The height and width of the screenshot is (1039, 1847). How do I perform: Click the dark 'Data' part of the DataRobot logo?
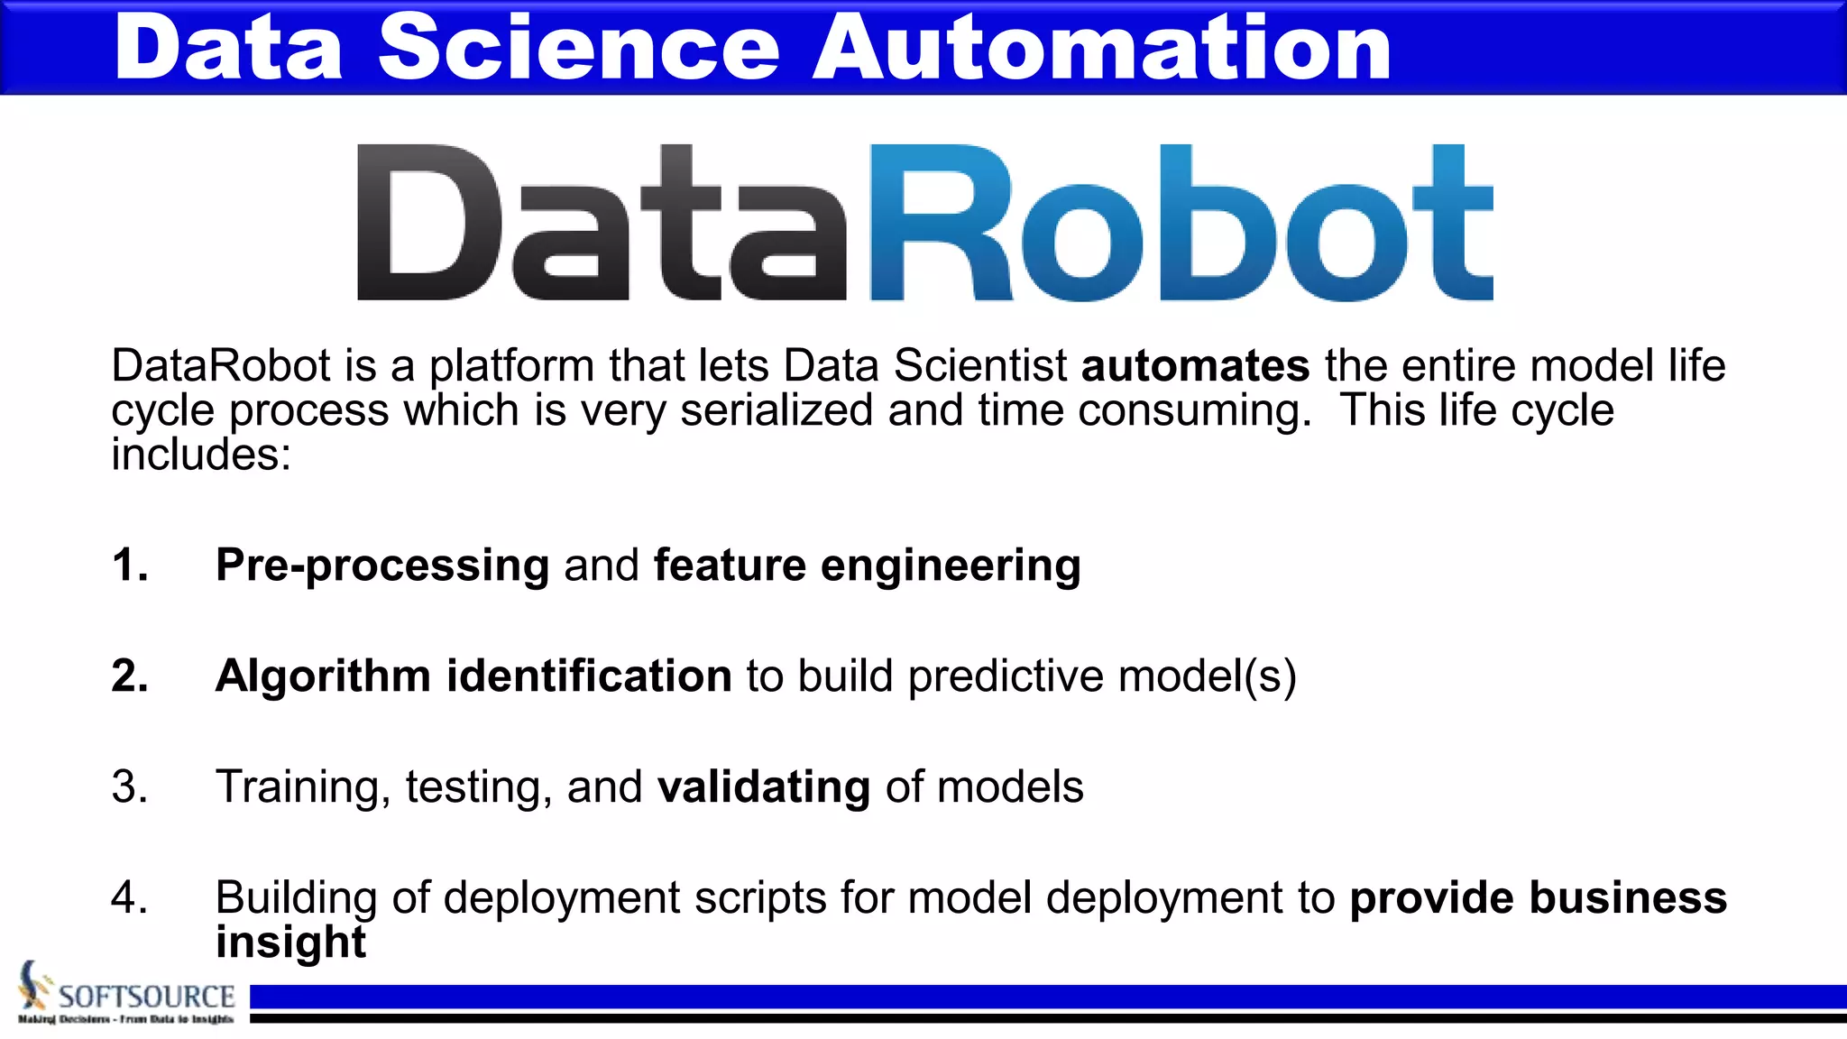click(602, 223)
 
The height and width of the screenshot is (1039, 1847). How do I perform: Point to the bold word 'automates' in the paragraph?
click(1195, 366)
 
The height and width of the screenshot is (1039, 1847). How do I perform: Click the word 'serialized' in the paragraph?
click(776, 410)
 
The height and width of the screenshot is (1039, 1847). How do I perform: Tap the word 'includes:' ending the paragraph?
click(201, 454)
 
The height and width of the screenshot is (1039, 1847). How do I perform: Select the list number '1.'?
click(130, 565)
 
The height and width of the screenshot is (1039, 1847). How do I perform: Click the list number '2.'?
click(130, 676)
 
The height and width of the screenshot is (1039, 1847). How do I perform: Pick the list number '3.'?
click(130, 786)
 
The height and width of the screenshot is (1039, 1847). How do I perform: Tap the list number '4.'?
click(130, 897)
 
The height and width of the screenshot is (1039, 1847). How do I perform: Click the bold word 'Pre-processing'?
click(382, 566)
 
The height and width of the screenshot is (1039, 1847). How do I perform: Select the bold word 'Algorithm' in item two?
click(323, 676)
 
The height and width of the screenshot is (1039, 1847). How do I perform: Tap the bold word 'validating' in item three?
click(764, 787)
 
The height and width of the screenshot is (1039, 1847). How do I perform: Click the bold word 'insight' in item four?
click(290, 942)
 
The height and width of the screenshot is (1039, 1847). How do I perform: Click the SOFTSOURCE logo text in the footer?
click(146, 997)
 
